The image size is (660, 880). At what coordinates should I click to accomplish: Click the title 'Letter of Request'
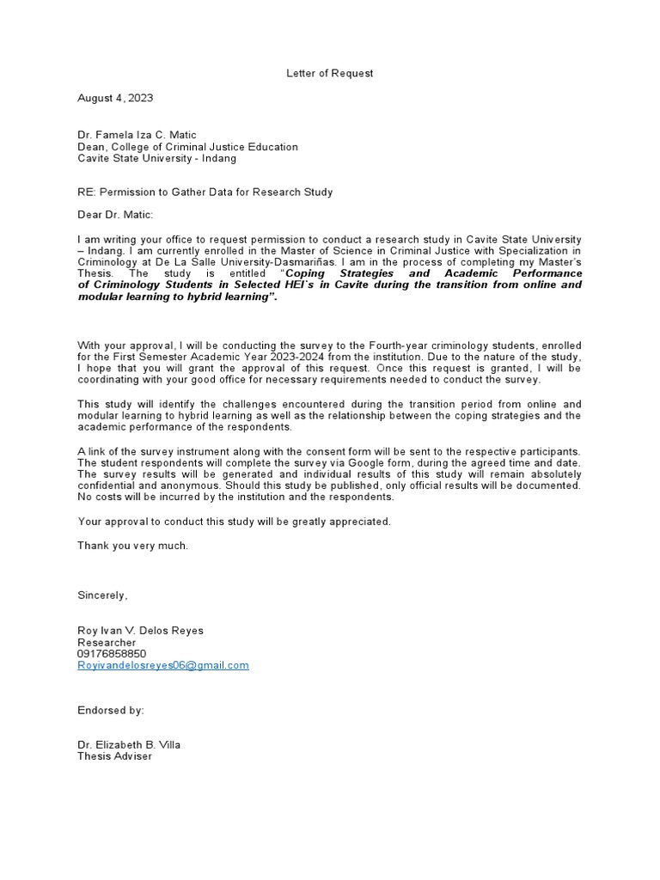tap(329, 73)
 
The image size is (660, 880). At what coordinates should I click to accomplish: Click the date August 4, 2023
tap(115, 98)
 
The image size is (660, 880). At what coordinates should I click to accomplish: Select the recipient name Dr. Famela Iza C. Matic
tap(137, 134)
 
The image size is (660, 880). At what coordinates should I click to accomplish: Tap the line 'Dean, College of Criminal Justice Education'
tap(187, 146)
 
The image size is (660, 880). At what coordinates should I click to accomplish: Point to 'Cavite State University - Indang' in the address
tap(156, 158)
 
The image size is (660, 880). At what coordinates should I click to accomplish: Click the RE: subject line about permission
tap(205, 192)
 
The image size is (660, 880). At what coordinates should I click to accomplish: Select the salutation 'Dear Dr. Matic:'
tap(115, 215)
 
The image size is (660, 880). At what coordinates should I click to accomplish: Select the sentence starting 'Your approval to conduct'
tap(234, 521)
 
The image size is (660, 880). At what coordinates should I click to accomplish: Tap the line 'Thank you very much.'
tap(132, 545)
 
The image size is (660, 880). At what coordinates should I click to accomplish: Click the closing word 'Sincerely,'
tap(102, 595)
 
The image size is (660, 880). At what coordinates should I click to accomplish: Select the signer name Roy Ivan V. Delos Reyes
tap(141, 630)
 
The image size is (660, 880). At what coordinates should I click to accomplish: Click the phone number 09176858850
tap(112, 653)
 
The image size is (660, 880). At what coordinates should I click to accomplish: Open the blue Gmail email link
tap(163, 665)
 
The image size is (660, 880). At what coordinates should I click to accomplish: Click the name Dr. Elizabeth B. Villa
tap(129, 744)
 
